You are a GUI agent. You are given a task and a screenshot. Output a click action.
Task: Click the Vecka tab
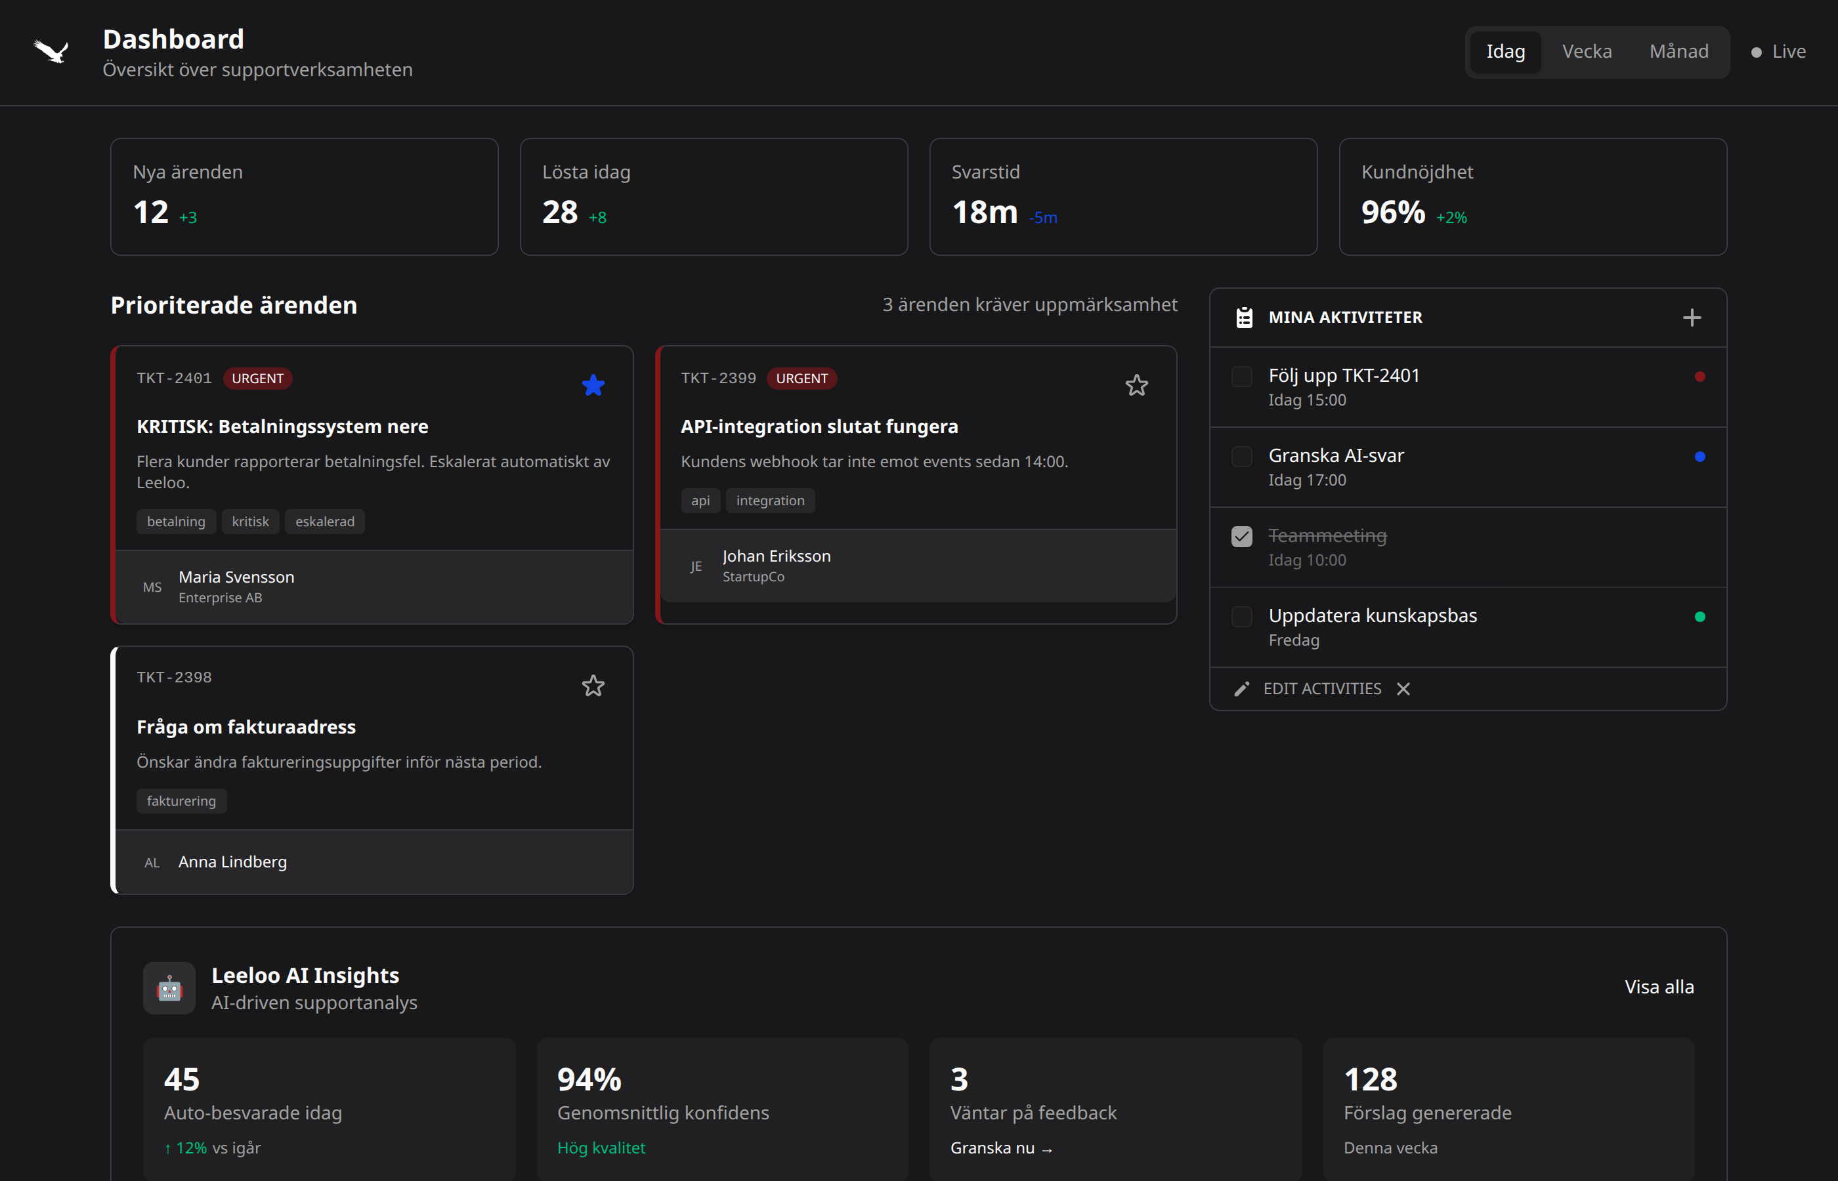[x=1587, y=51]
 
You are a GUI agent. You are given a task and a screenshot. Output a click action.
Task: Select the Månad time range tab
[x=1678, y=51]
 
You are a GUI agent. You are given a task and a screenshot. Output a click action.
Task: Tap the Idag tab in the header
[x=1505, y=51]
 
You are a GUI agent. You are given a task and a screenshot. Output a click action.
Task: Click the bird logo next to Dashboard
[x=51, y=51]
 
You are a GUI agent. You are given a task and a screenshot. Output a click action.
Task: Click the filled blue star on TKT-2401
[x=593, y=385]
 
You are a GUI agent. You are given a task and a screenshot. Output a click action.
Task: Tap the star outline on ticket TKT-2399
[x=1136, y=385]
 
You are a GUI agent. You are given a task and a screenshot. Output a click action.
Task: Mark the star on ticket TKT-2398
[x=593, y=686]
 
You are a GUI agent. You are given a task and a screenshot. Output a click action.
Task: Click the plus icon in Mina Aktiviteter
[x=1692, y=318]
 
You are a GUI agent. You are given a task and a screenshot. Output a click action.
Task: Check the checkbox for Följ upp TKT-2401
[x=1241, y=377]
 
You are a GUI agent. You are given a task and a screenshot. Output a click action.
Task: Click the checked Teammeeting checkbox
[x=1241, y=537]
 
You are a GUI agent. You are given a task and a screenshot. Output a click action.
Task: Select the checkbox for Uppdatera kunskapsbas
[x=1241, y=617]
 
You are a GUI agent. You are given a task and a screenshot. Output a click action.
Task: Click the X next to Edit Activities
[x=1403, y=689]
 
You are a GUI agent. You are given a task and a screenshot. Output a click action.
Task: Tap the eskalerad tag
[x=324, y=522]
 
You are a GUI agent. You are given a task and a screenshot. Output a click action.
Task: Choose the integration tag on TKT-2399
[x=769, y=501]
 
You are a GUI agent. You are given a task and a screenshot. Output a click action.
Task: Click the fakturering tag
[x=181, y=801]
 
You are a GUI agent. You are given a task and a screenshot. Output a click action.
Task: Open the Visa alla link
[x=1659, y=987]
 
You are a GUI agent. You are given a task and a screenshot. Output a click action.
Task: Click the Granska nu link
[x=1000, y=1148]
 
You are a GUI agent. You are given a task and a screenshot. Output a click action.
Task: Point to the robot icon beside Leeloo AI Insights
[x=169, y=989]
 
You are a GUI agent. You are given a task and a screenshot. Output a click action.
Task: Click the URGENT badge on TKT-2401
[x=258, y=379]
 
